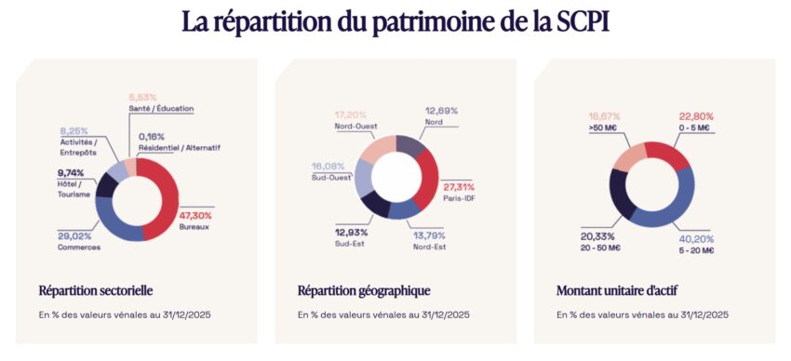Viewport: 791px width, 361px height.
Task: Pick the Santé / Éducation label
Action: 161,108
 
